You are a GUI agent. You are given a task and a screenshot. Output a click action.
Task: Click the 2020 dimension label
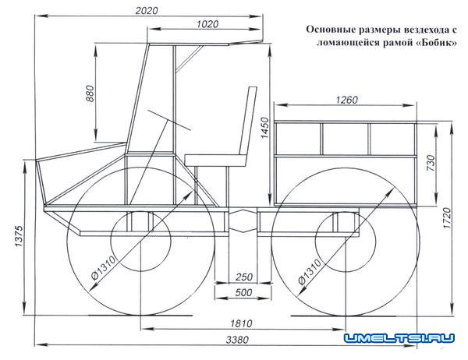[147, 11]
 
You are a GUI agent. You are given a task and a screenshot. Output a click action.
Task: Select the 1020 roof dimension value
[207, 24]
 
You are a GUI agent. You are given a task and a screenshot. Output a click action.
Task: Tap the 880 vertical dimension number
[90, 94]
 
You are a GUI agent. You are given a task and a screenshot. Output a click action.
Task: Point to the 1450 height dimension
[264, 128]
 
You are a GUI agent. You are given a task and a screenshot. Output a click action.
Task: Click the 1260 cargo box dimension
[346, 100]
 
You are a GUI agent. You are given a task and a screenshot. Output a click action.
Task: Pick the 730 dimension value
[431, 163]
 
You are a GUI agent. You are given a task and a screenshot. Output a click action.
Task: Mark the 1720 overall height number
[448, 218]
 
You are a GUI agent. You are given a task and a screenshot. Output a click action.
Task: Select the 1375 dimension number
[19, 236]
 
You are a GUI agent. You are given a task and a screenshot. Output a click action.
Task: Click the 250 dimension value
[244, 277]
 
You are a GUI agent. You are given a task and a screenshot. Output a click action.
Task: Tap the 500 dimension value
[243, 292]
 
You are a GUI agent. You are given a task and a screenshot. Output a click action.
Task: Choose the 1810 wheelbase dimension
[241, 323]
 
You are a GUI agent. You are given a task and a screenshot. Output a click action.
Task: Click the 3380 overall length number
[237, 340]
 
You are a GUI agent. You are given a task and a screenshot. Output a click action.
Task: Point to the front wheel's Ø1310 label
[103, 267]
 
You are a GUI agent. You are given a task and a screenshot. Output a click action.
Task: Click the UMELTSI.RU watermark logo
[399, 338]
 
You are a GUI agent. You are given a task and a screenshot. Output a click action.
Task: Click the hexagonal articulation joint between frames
[243, 221]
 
